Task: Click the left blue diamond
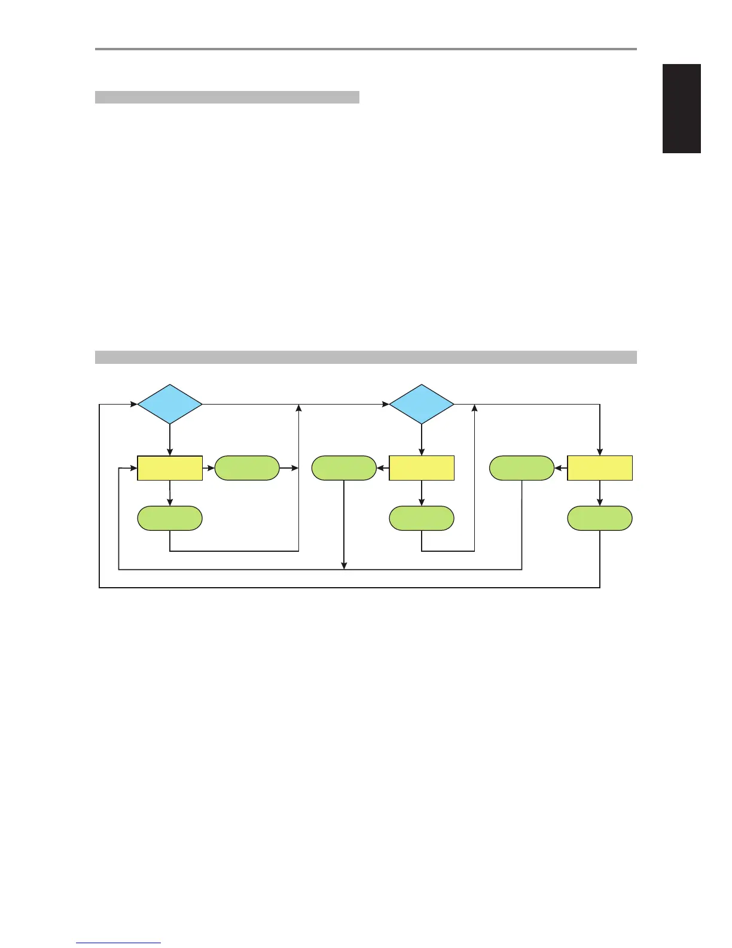click(x=170, y=405)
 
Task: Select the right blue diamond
click(x=422, y=405)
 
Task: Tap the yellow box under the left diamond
click(x=170, y=468)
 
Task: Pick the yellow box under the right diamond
click(x=422, y=468)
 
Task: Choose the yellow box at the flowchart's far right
click(x=600, y=468)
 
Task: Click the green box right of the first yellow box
click(x=247, y=468)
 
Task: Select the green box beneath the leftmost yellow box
click(x=170, y=518)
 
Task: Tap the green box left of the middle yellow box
click(x=344, y=468)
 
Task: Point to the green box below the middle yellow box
click(x=422, y=518)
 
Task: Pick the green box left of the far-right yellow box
click(x=522, y=468)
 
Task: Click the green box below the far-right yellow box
click(x=600, y=518)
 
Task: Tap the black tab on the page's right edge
click(x=682, y=108)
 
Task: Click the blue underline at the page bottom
click(x=118, y=943)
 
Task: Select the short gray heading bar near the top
click(x=227, y=98)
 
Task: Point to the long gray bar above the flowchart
click(x=365, y=357)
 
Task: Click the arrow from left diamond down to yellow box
click(x=170, y=440)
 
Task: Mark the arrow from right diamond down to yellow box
click(x=422, y=440)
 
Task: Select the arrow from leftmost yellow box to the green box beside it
click(x=209, y=468)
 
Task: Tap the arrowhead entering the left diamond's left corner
click(x=133, y=405)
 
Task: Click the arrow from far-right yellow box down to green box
click(x=600, y=493)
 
